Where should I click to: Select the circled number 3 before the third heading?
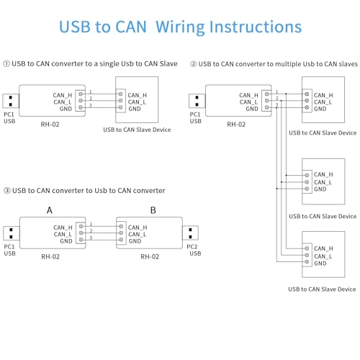point(7,190)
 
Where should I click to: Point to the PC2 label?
point(192,247)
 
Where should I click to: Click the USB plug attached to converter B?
point(189,233)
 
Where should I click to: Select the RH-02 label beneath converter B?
point(150,256)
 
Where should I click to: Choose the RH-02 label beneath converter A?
point(50,256)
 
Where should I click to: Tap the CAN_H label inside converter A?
point(63,228)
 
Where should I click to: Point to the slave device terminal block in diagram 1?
point(120,102)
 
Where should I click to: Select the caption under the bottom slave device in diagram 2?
point(322,289)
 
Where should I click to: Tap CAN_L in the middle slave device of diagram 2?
point(323,182)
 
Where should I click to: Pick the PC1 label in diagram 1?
point(9,115)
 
